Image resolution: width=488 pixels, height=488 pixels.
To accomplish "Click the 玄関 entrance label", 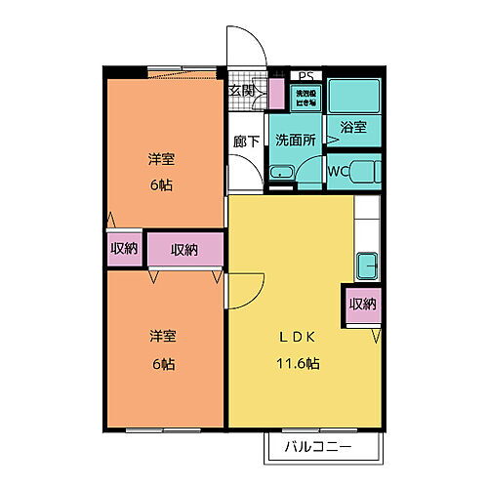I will (x=242, y=91).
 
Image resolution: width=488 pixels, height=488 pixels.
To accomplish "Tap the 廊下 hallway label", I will (x=246, y=142).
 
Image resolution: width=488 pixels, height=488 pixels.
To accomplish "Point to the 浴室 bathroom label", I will (x=352, y=127).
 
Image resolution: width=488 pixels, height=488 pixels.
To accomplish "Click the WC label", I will (x=338, y=173).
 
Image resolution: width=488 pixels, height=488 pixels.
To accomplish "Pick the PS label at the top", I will (x=305, y=75).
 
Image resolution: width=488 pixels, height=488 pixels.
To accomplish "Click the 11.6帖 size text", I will (x=298, y=364).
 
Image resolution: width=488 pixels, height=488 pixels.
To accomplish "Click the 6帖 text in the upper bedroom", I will (x=162, y=184).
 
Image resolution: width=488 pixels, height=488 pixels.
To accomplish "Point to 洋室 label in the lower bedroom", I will (x=162, y=336).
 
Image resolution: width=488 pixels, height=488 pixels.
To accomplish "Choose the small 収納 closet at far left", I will (x=124, y=249).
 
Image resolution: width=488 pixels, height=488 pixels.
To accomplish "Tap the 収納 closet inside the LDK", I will (x=362, y=305).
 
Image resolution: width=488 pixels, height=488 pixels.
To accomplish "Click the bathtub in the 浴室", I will (x=353, y=97).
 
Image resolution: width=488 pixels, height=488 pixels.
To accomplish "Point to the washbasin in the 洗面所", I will (x=282, y=174).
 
